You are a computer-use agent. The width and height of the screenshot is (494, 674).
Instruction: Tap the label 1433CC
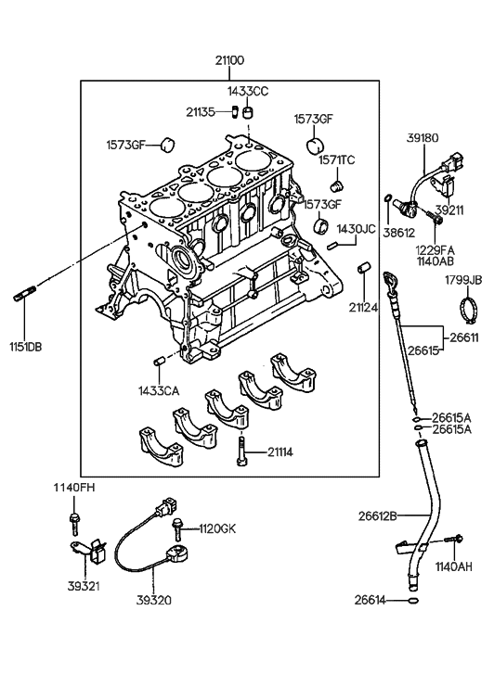pos(249,91)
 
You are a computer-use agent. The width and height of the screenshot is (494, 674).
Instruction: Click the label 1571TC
pos(338,159)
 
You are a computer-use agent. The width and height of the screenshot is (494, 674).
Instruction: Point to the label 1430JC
pos(355,228)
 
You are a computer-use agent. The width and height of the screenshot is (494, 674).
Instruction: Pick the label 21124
pos(364,307)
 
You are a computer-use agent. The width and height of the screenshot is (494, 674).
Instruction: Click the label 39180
pos(423,137)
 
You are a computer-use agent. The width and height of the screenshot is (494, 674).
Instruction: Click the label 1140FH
pos(71,488)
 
